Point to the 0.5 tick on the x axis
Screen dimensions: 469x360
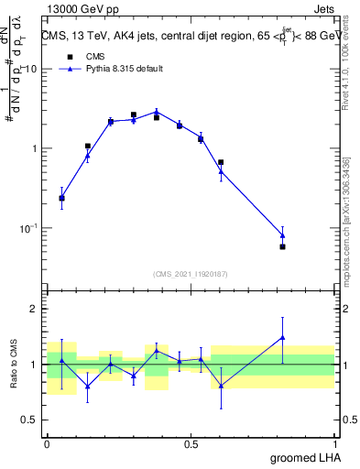191,442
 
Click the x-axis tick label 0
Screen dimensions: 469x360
47,442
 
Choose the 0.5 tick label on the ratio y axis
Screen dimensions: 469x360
32,420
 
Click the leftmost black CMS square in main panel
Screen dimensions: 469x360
61,198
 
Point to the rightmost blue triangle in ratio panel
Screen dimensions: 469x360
282,337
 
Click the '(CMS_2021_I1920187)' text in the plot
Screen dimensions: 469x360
191,273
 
